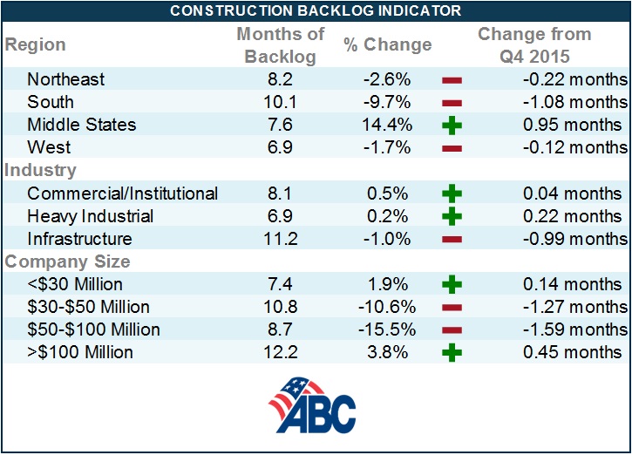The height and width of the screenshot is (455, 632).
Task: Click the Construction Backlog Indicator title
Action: click(316, 10)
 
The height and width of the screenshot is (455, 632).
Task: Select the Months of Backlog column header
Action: click(280, 45)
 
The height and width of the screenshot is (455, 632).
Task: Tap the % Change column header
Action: click(387, 45)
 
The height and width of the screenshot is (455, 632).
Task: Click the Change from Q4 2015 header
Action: click(534, 45)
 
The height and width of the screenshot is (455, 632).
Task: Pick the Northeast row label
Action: click(65, 79)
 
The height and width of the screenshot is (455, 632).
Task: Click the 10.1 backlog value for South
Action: click(280, 102)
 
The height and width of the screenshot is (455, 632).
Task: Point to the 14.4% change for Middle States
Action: click(387, 125)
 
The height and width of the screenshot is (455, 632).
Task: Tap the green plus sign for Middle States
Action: click(452, 126)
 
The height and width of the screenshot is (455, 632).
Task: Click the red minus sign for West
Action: click(452, 148)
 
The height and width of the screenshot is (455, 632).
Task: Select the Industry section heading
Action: click(41, 170)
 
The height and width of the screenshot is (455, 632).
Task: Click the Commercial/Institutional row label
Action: click(122, 193)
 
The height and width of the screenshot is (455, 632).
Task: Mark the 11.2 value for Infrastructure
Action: click(280, 238)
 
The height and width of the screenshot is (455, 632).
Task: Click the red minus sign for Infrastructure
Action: click(452, 239)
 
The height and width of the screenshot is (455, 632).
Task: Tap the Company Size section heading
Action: click(67, 261)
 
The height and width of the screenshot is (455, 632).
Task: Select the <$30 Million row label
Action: click(75, 283)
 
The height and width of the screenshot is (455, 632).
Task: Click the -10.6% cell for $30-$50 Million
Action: click(387, 307)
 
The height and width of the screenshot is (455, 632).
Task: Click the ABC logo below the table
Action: click(311, 406)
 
